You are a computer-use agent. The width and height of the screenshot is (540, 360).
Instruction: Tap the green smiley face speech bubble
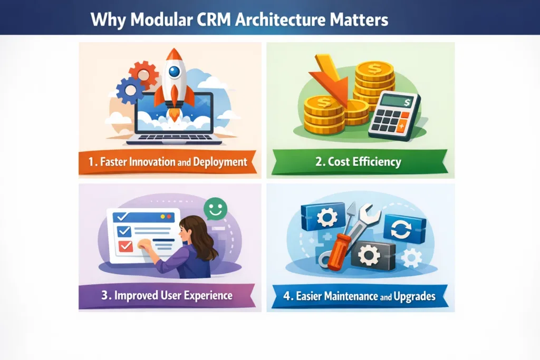(215, 207)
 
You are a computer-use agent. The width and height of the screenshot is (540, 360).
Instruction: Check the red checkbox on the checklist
(126, 245)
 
